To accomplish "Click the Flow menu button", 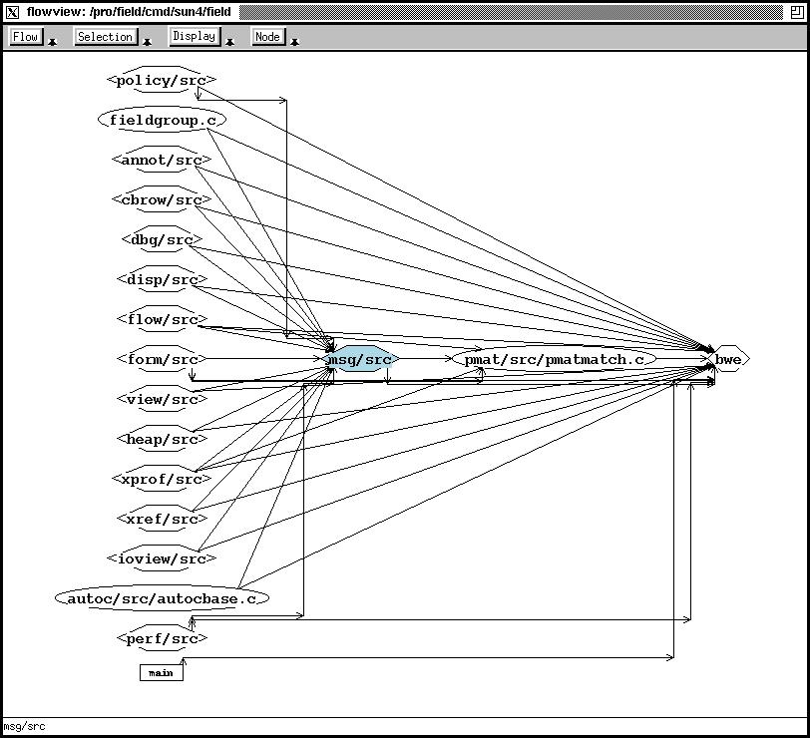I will tap(26, 37).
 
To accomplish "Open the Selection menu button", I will tap(105, 37).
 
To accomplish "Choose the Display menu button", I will tap(194, 36).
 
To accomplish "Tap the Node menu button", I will tap(267, 37).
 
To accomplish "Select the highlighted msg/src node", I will tap(360, 359).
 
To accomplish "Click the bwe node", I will tap(728, 359).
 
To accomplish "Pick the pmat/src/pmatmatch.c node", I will tap(554, 359).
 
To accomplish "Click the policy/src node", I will tap(162, 80).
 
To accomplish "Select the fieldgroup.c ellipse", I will tap(162, 120).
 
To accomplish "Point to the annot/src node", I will tap(162, 160).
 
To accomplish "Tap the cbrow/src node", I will tap(162, 199).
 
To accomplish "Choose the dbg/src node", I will tap(162, 239).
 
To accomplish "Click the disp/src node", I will tap(162, 279).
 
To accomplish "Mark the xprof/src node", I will tap(162, 479).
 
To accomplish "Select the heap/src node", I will tap(162, 439).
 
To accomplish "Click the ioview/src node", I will tap(162, 558).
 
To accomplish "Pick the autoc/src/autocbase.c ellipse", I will tap(162, 598).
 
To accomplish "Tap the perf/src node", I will tap(162, 638).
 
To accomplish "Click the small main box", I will tap(161, 673).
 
